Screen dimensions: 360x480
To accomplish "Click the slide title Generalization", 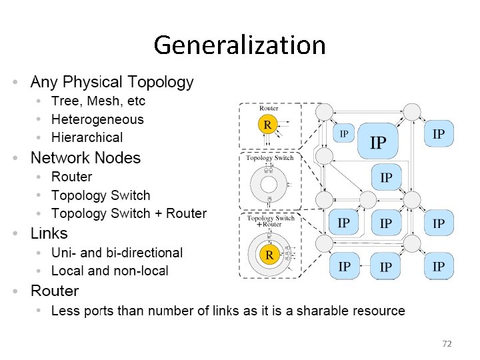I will tap(239, 45).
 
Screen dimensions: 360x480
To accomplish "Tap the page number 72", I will tap(447, 343).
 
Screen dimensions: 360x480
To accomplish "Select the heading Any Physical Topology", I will tap(112, 83).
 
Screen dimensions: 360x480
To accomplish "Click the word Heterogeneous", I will tap(97, 119).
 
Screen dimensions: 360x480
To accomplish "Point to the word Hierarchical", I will tap(87, 137).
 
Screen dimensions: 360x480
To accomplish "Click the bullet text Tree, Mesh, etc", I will tap(98, 101).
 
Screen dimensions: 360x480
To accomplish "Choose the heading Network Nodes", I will tap(85, 158).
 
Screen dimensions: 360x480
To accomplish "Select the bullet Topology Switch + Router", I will tap(129, 213).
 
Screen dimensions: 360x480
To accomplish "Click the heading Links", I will tap(49, 233).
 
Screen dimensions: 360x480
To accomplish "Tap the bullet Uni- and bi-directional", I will tap(117, 253).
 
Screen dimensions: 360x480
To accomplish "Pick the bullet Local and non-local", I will tap(110, 271).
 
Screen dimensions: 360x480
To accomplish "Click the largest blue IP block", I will tap(378, 142).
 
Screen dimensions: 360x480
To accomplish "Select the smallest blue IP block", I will tap(344, 133).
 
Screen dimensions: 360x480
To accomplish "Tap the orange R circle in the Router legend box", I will tap(267, 124).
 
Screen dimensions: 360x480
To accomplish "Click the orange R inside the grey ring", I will tap(269, 255).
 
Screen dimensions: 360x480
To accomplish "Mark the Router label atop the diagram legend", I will tap(269, 108).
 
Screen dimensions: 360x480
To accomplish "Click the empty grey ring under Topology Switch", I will tap(270, 185).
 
